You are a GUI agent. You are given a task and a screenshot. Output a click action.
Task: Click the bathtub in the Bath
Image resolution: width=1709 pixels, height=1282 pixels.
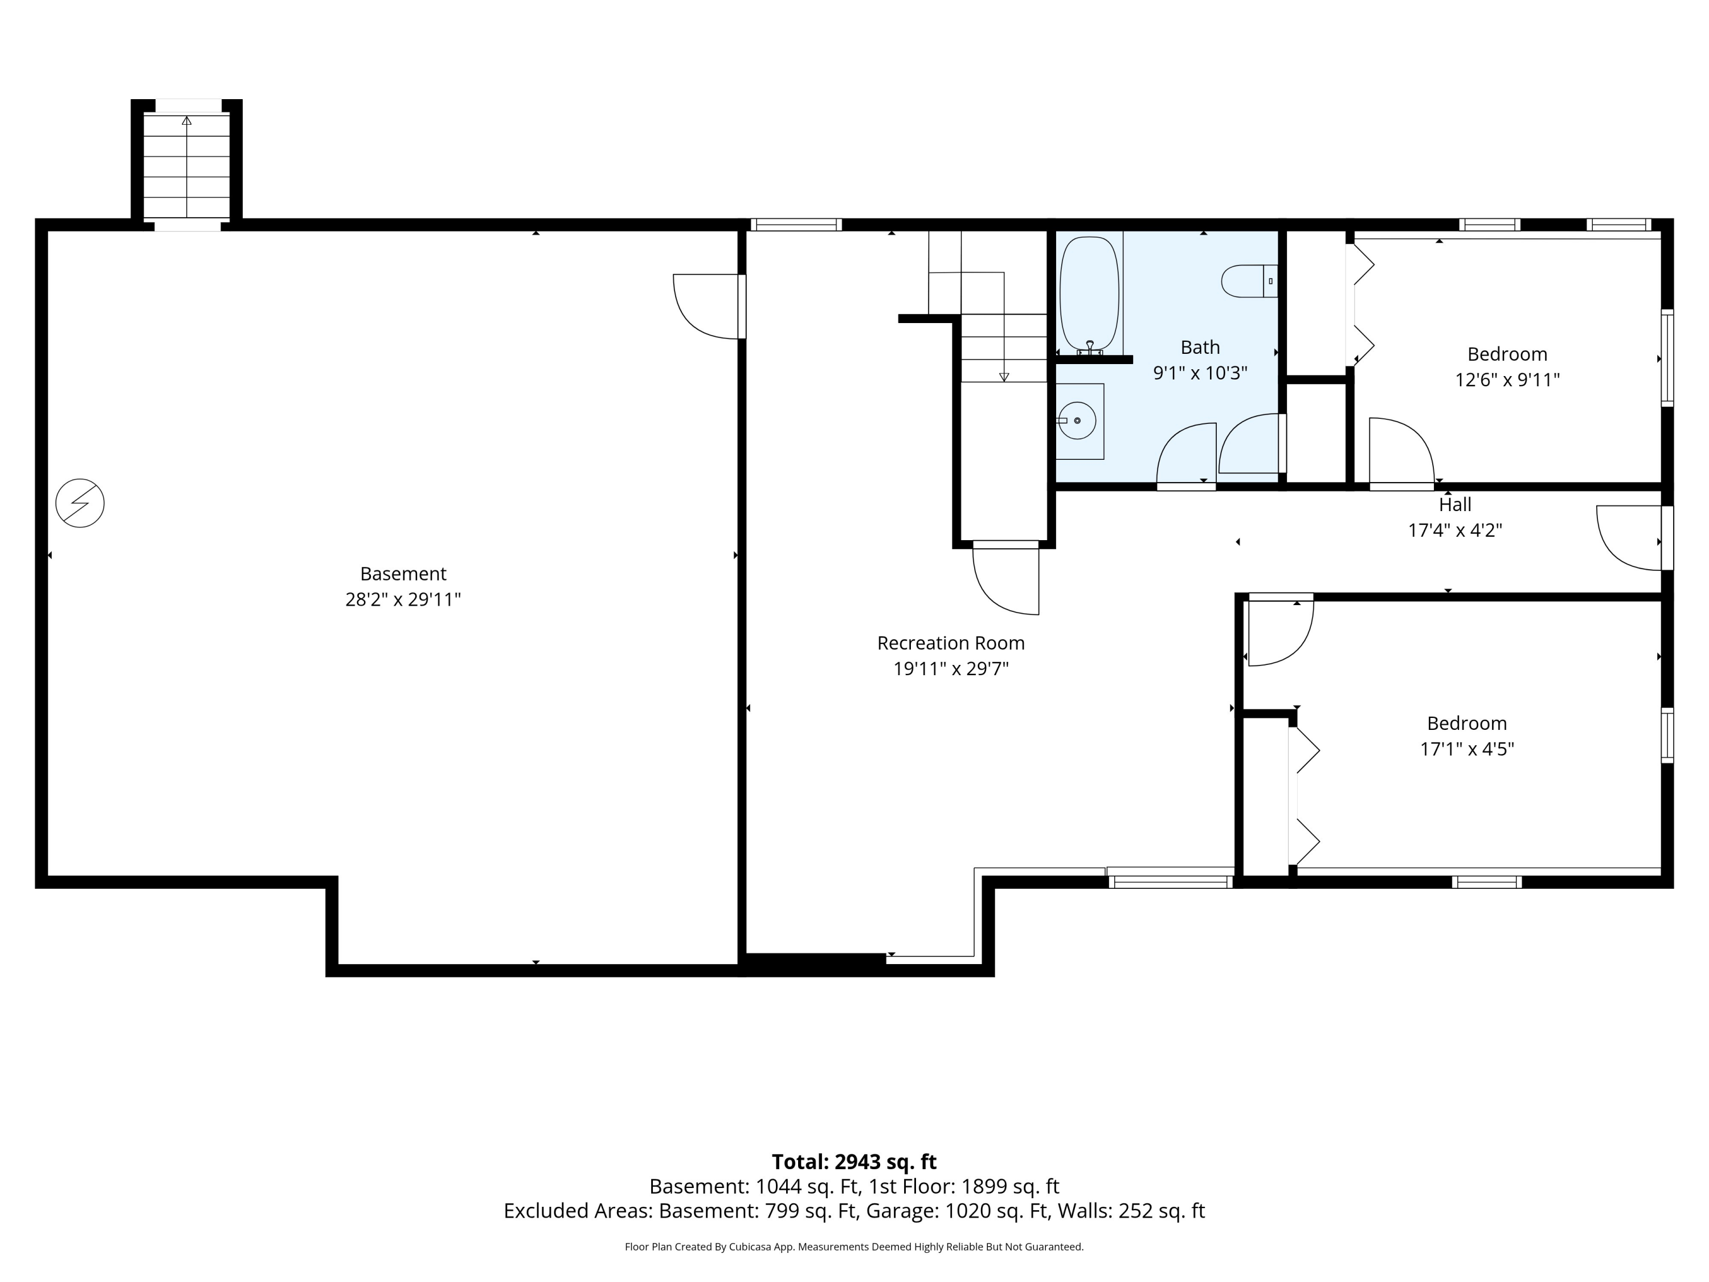pyautogui.click(x=1089, y=295)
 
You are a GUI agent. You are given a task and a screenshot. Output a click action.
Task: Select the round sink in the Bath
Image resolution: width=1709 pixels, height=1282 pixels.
pyautogui.click(x=1077, y=421)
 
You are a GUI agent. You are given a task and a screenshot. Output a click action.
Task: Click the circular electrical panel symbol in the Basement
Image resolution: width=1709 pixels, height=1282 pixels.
pyautogui.click(x=80, y=504)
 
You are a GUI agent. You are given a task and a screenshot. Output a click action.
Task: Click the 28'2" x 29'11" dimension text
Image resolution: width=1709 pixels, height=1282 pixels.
pyautogui.click(x=403, y=599)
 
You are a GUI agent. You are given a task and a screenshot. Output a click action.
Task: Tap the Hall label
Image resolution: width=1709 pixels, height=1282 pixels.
pyautogui.click(x=1455, y=505)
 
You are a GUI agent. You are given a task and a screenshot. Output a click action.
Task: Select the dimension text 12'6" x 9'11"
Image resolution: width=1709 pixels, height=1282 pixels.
pyautogui.click(x=1507, y=380)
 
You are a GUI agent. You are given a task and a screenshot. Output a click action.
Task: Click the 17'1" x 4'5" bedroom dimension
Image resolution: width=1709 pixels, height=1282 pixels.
pyautogui.click(x=1466, y=749)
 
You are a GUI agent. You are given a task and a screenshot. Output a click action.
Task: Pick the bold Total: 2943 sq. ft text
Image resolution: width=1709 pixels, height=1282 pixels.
pyautogui.click(x=854, y=1161)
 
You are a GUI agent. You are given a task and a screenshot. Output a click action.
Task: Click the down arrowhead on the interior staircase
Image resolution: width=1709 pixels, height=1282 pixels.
pyautogui.click(x=1004, y=377)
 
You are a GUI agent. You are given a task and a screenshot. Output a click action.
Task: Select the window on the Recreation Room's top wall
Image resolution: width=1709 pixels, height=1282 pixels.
pyautogui.click(x=796, y=225)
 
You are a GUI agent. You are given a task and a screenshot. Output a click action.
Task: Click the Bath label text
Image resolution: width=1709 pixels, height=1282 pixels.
pyautogui.click(x=1200, y=347)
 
